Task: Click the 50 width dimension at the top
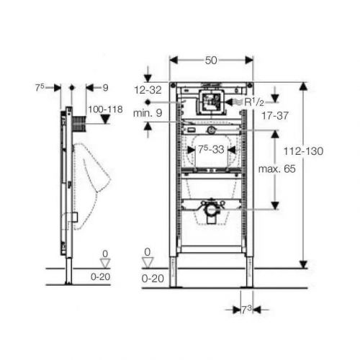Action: point(210,60)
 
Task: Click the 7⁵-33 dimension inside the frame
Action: point(211,150)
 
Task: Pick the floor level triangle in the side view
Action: point(105,264)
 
